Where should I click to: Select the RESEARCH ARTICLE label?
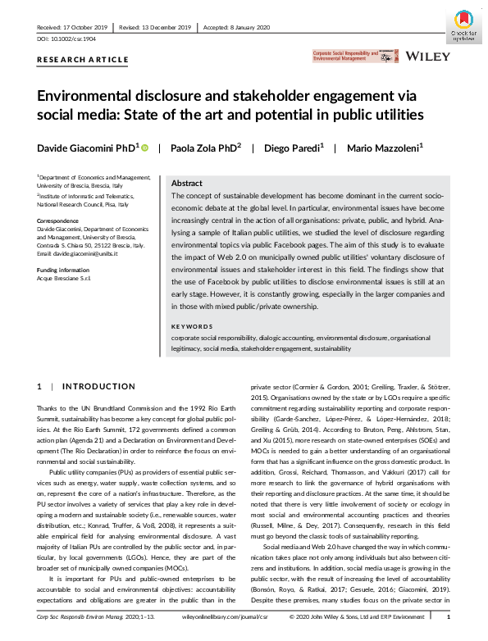click(x=83, y=60)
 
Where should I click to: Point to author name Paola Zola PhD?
click(x=205, y=148)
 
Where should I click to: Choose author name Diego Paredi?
click(x=294, y=148)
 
